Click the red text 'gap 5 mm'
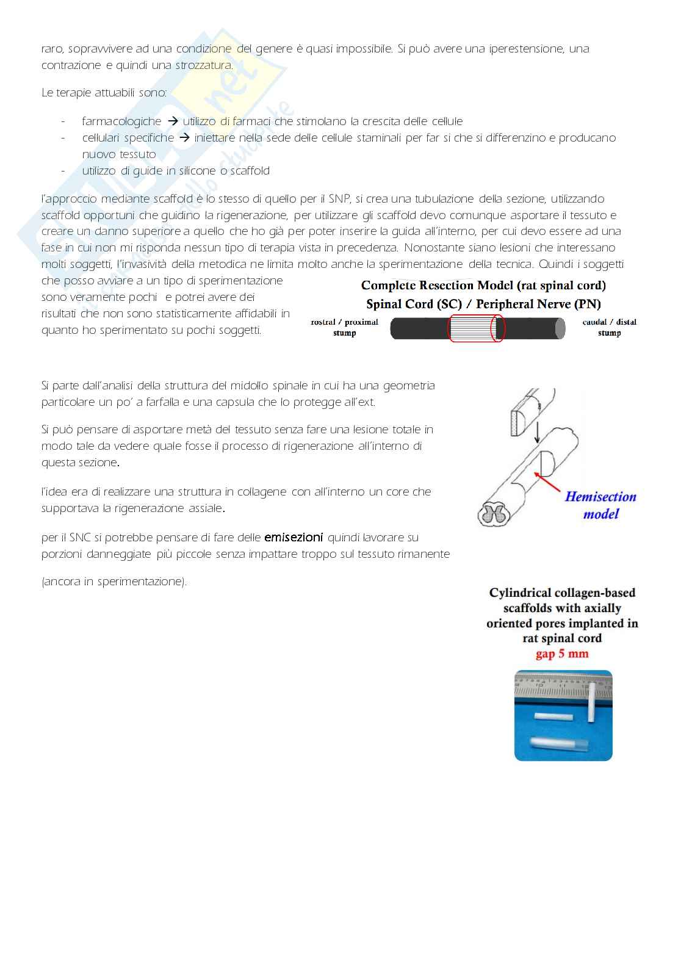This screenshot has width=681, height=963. [x=562, y=654]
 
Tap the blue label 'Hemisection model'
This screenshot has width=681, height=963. [x=600, y=505]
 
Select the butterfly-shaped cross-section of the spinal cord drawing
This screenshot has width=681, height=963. [x=492, y=514]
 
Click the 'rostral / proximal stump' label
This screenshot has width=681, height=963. [x=344, y=327]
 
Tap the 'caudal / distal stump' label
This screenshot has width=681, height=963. [x=609, y=327]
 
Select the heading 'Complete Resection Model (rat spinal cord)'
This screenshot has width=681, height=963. [x=483, y=285]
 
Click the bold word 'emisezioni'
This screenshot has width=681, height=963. [x=294, y=538]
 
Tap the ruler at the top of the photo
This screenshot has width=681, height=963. [x=563, y=687]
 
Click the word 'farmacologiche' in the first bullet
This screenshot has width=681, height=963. [x=121, y=121]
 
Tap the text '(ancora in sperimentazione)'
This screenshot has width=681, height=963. [x=114, y=582]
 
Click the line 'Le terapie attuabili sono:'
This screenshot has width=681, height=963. [x=104, y=93]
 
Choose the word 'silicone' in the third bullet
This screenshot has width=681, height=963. [x=196, y=171]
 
